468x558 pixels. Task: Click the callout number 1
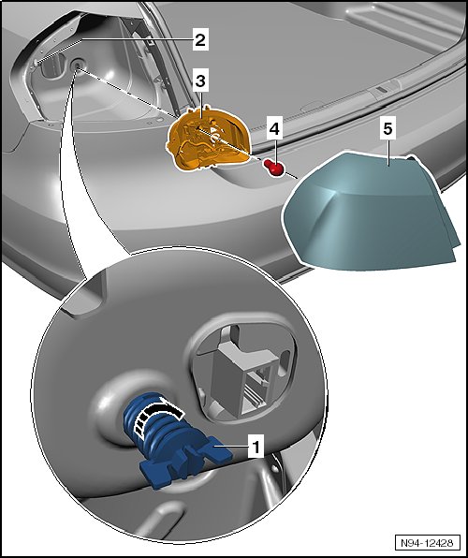pyautogui.click(x=256, y=446)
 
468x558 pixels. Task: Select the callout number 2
pyautogui.click(x=200, y=39)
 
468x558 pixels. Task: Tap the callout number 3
pyautogui.click(x=200, y=81)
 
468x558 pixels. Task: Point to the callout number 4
pyautogui.click(x=274, y=128)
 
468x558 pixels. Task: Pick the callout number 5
pyautogui.click(x=388, y=128)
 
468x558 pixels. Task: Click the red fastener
pyautogui.click(x=273, y=168)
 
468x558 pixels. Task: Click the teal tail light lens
pyautogui.click(x=370, y=213)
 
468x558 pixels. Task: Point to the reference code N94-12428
pyautogui.click(x=427, y=543)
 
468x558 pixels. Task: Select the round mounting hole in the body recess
pyautogui.click(x=77, y=65)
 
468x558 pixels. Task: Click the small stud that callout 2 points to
pyautogui.click(x=37, y=63)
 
